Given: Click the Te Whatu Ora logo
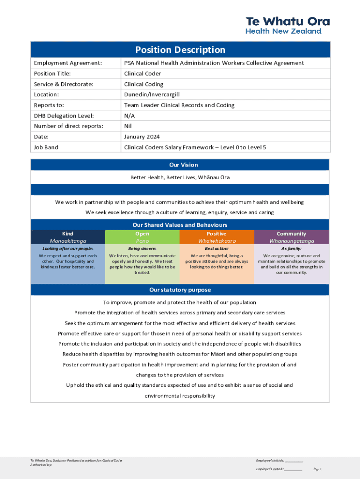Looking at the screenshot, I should tap(288, 25).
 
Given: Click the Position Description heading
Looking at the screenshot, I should tap(180, 50).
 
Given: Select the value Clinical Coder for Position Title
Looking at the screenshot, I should tap(142, 73).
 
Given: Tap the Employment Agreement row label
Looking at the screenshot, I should tap(68, 63).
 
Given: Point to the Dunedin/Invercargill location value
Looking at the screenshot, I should tap(151, 94).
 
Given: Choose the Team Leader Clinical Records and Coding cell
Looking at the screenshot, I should tap(179, 105).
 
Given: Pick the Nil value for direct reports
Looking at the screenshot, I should tap(128, 126).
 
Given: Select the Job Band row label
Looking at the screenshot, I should tap(46, 147).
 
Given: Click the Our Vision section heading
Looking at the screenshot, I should tap(180, 165).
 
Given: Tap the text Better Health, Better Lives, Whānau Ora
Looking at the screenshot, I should tap(180, 177).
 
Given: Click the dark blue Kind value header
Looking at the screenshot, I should tap(68, 237).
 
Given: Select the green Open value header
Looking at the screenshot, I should tap(142, 237).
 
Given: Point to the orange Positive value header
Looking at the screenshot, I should tap(216, 237).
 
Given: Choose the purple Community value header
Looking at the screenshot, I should tap(291, 237).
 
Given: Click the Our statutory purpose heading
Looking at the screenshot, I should tap(180, 290).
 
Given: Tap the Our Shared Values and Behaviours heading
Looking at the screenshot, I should tap(180, 225).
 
